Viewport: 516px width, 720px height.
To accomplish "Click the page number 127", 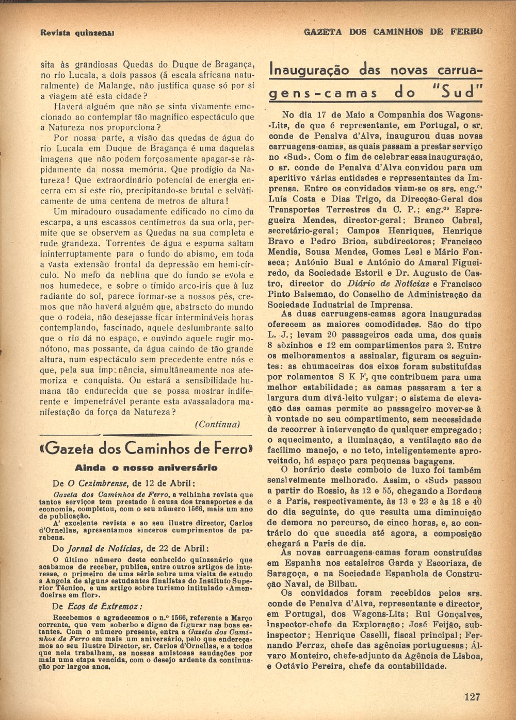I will coord(472,697).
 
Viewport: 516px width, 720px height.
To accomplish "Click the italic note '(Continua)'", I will coord(218,424).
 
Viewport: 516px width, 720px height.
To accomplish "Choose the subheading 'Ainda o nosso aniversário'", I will coord(146,468).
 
